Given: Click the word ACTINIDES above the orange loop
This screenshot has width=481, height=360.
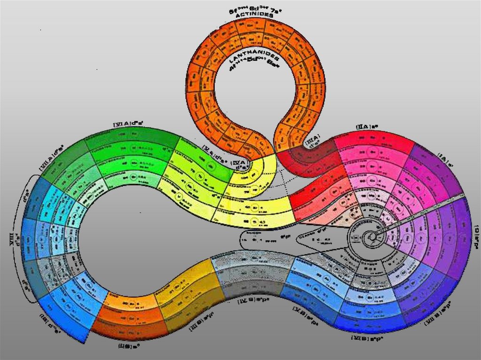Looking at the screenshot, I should (255, 15).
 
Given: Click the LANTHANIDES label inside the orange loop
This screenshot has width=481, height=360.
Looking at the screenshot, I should (254, 59).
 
